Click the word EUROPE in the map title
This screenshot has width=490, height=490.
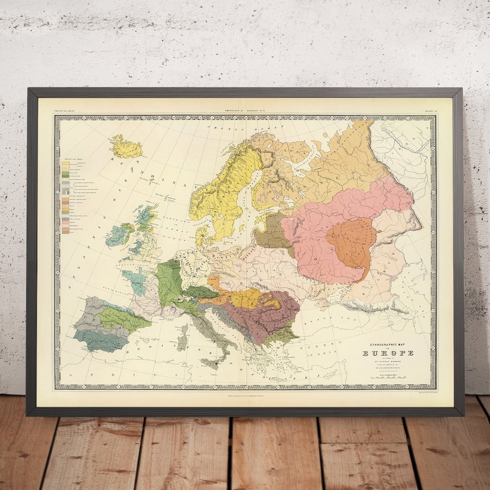[387, 353]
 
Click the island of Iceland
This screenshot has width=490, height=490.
[127, 147]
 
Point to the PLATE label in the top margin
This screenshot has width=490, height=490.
[429, 111]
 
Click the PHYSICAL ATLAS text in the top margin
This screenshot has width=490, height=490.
[64, 111]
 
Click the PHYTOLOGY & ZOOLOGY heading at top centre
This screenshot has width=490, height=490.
[245, 111]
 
